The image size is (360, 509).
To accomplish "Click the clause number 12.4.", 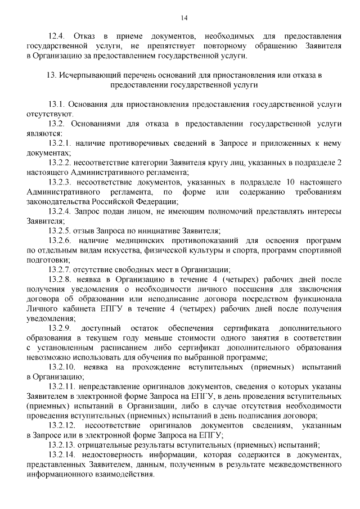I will [56, 36].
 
